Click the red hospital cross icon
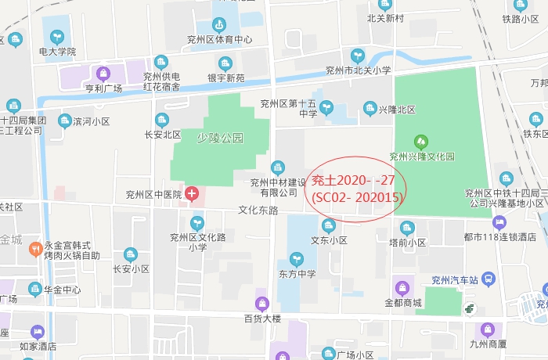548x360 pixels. point(191,193)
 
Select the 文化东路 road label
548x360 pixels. point(258,211)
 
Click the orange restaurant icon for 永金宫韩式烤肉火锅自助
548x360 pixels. point(34,249)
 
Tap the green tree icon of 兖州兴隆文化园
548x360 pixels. point(421,142)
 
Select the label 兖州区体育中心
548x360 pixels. point(219,39)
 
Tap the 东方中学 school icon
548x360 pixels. point(296,259)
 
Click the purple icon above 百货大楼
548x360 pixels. point(262,303)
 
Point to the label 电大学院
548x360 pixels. point(57,52)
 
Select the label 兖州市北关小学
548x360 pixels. point(358,70)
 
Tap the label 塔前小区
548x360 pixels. point(407,243)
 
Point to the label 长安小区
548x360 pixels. point(131,268)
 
